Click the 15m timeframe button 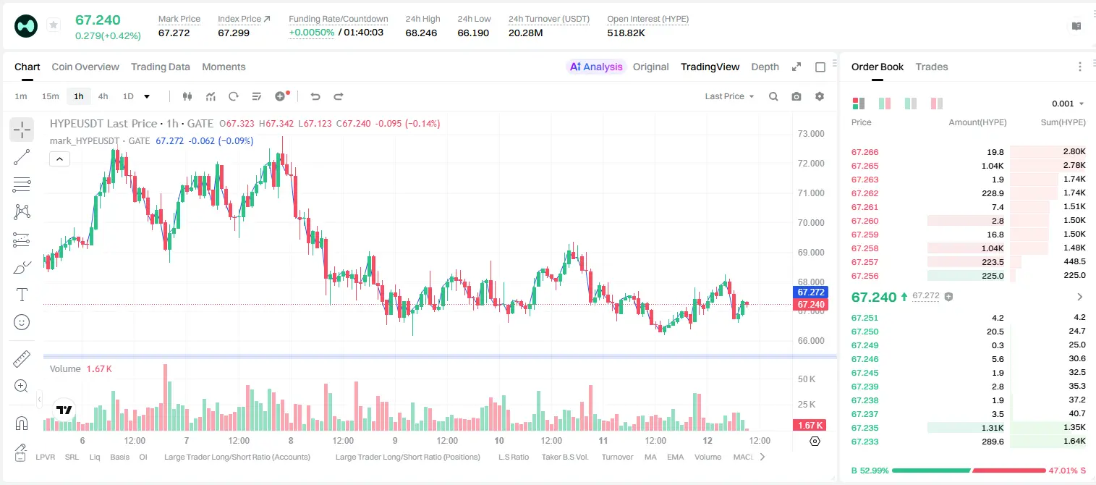(x=51, y=96)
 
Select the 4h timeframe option (x=103, y=96)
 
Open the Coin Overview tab (x=85, y=67)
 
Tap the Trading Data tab (x=161, y=67)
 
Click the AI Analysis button (x=596, y=67)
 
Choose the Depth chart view (x=765, y=67)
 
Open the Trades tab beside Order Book (x=932, y=67)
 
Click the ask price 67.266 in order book (x=865, y=152)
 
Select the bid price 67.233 (x=865, y=442)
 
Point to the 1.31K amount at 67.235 (x=993, y=428)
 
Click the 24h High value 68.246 (x=421, y=33)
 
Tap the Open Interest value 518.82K (x=626, y=33)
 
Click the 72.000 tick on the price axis (x=811, y=164)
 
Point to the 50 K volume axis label (x=807, y=379)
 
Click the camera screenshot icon (x=796, y=96)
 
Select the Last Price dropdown (x=729, y=96)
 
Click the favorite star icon (x=54, y=25)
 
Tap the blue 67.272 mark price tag (x=810, y=292)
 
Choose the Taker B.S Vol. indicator (x=565, y=457)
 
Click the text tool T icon (x=22, y=295)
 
